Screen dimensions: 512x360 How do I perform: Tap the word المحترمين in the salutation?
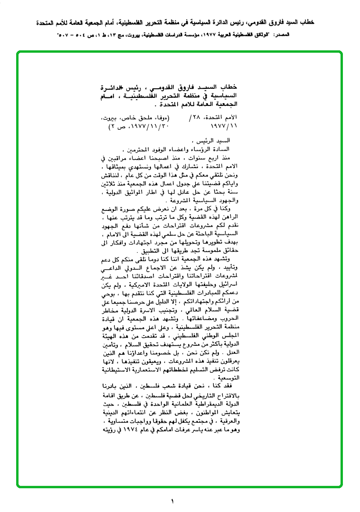tap(142, 149)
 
